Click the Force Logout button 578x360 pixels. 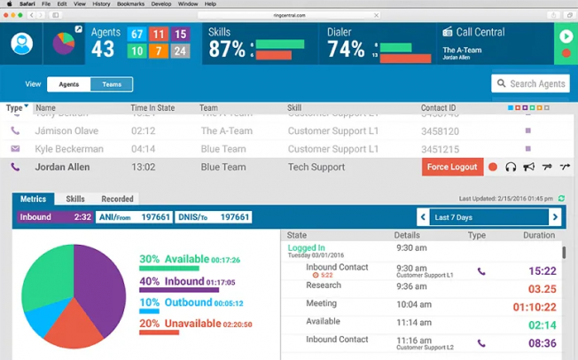pyautogui.click(x=452, y=167)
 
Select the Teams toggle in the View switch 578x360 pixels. pyautogui.click(x=112, y=84)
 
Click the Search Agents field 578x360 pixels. pyautogui.click(x=530, y=84)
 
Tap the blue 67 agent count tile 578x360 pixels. pyautogui.click(x=137, y=35)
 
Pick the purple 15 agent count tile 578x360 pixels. pyautogui.click(x=180, y=35)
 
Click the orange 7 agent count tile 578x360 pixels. pyautogui.click(x=159, y=51)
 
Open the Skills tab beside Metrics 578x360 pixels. pyautogui.click(x=75, y=200)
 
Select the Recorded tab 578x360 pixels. pyautogui.click(x=117, y=200)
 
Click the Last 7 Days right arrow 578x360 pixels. pyautogui.click(x=556, y=217)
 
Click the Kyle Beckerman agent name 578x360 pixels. pyautogui.click(x=69, y=149)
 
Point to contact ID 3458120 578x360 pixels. pyautogui.click(x=440, y=131)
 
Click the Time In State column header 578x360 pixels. pyautogui.click(x=152, y=108)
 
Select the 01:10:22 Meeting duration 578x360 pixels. pyautogui.click(x=535, y=308)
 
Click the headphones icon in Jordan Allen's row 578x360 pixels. pyautogui.click(x=511, y=167)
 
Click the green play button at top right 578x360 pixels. pyautogui.click(x=566, y=36)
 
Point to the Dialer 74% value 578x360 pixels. pyautogui.click(x=346, y=50)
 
